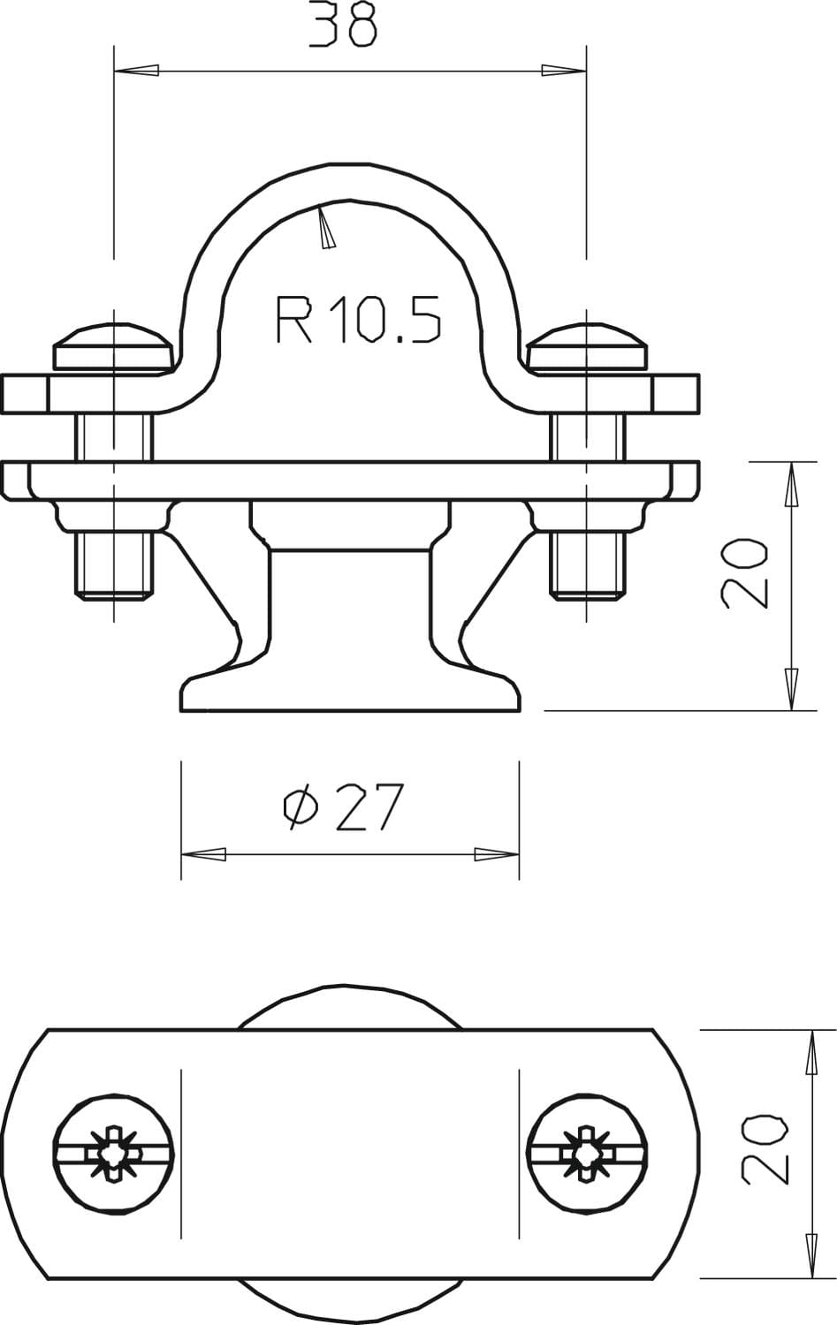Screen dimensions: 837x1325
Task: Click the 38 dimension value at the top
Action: click(x=343, y=24)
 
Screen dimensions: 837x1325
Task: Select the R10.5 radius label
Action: click(x=359, y=320)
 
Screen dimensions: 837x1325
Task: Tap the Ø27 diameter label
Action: click(x=343, y=806)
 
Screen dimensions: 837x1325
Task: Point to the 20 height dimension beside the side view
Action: click(x=745, y=572)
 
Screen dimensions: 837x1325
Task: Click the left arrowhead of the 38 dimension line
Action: click(x=137, y=71)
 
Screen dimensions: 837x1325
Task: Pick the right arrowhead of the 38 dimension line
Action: click(x=564, y=71)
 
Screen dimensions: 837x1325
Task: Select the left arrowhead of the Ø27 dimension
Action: click(x=203, y=854)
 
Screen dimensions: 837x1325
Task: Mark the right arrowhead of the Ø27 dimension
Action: click(x=497, y=854)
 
